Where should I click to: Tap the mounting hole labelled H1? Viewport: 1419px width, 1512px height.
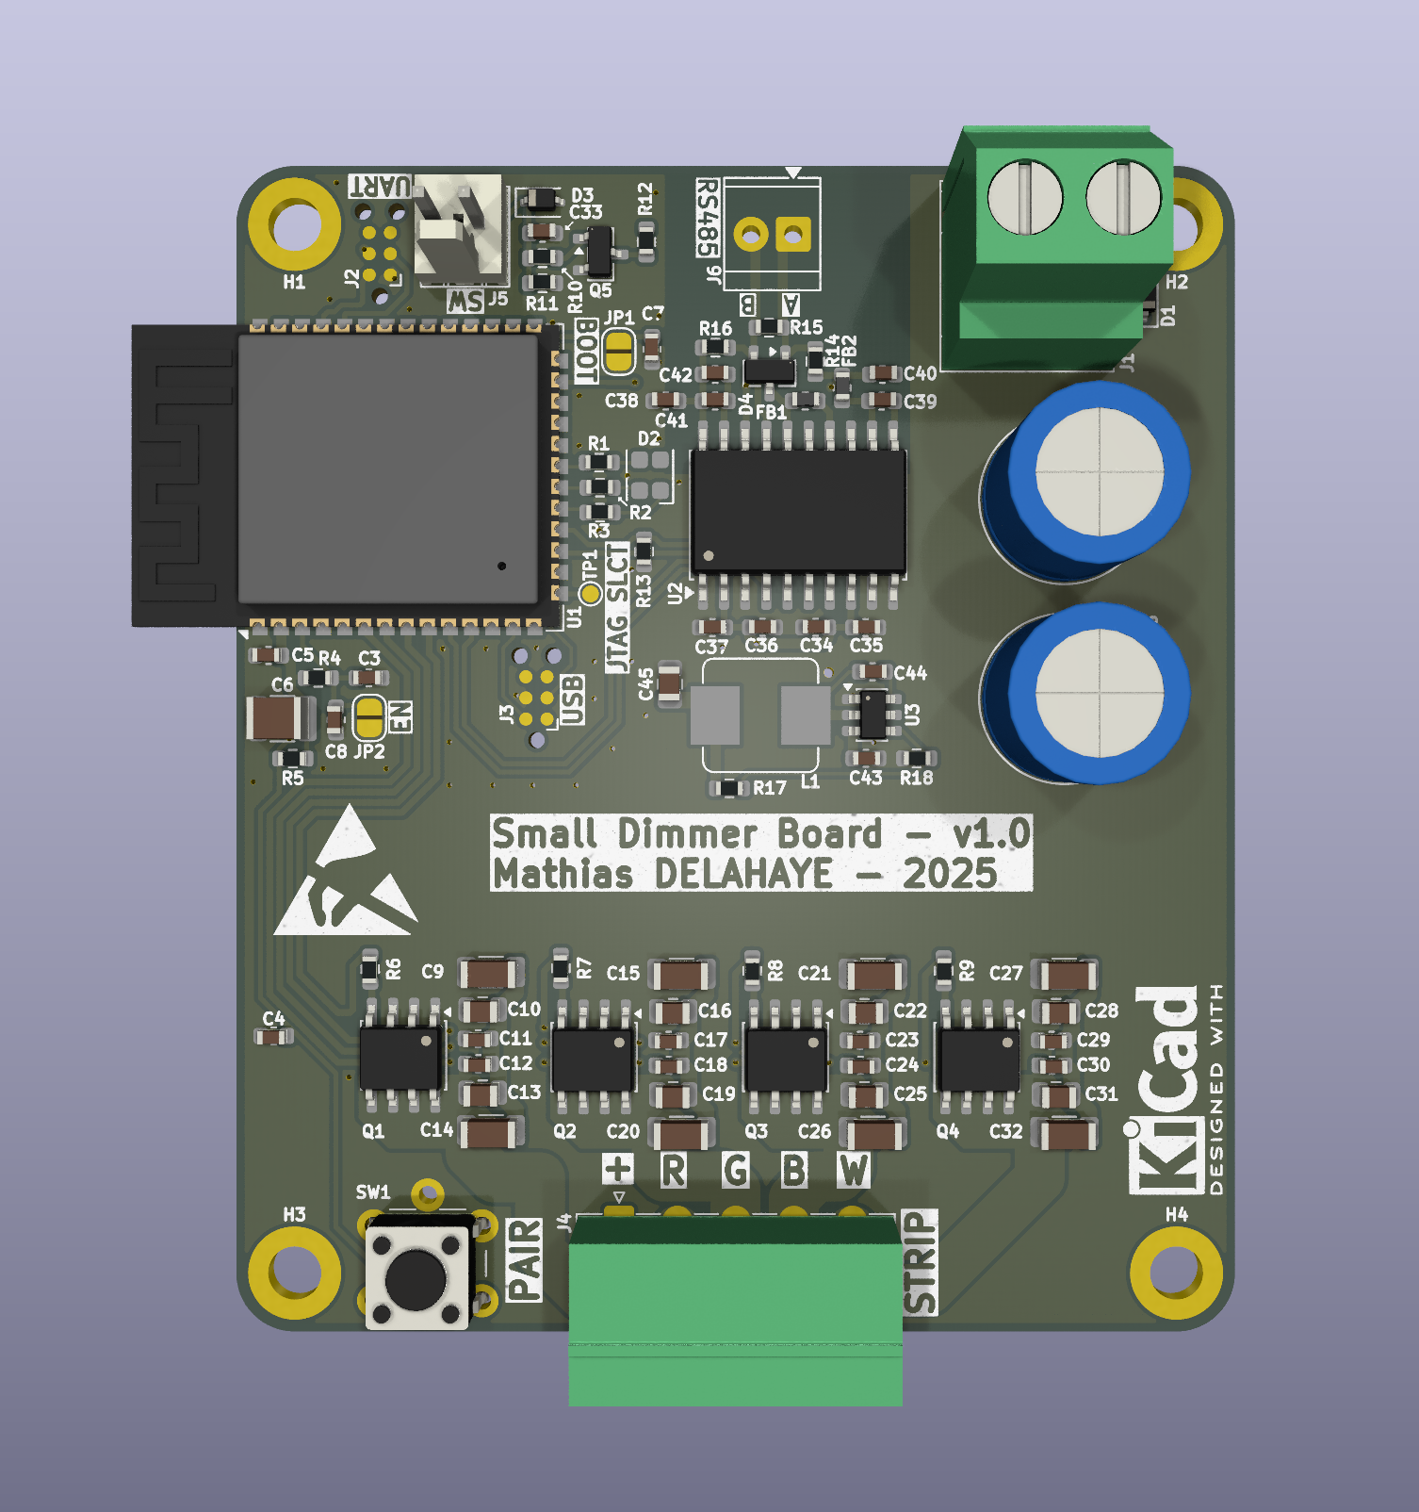click(x=294, y=224)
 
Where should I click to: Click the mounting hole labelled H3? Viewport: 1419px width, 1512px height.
click(x=294, y=1273)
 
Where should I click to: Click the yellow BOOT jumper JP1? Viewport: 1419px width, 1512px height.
click(x=618, y=352)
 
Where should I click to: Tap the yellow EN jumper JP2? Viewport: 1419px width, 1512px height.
click(x=368, y=717)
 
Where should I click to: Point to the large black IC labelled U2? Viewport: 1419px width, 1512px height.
click(x=798, y=510)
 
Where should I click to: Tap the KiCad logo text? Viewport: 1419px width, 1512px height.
click(x=1166, y=1089)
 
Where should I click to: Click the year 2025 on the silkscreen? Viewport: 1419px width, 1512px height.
click(x=950, y=874)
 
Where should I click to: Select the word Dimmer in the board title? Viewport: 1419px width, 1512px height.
click(x=687, y=834)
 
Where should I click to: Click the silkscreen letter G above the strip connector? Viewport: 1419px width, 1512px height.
click(x=735, y=1171)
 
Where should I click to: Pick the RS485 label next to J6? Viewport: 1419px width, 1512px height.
click(x=708, y=218)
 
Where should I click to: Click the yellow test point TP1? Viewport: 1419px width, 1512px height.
click(x=590, y=593)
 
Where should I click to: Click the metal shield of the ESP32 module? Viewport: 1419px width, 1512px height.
click(x=388, y=468)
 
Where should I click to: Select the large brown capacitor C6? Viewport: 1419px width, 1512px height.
click(x=274, y=718)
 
